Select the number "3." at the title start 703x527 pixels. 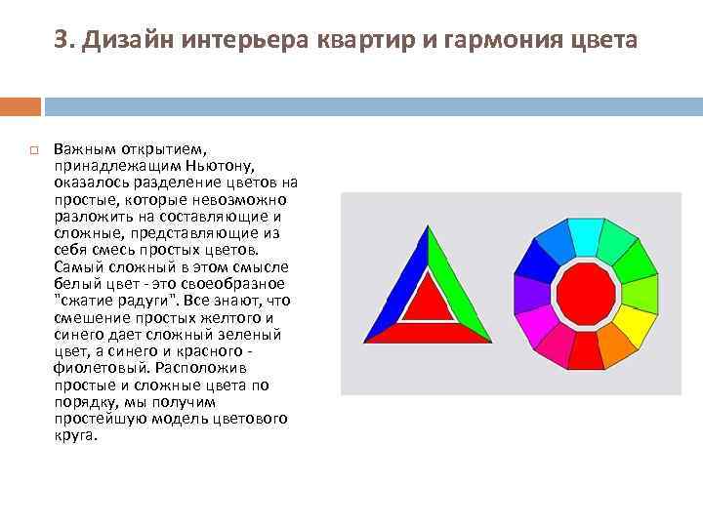[65, 40]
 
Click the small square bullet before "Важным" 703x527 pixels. [32, 151]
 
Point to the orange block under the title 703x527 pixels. [21, 105]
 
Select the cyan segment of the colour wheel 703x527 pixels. [585, 237]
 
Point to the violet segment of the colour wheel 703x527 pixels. [532, 292]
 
